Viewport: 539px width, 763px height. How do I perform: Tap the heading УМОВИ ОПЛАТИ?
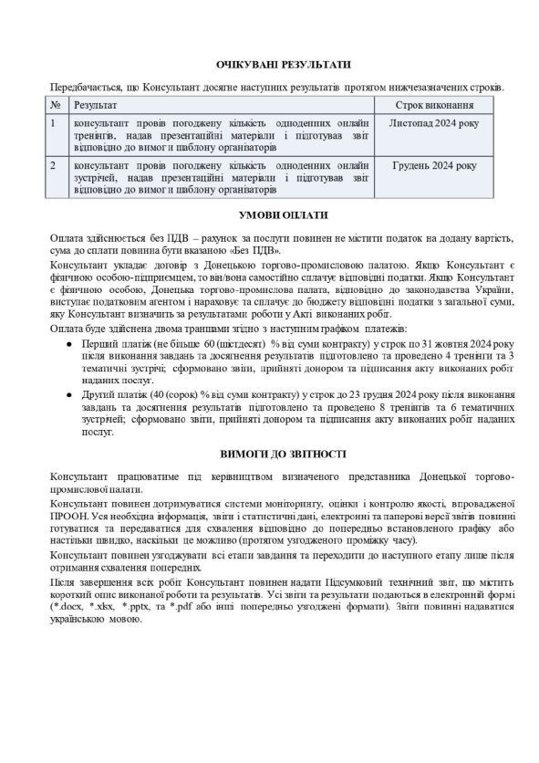click(269, 215)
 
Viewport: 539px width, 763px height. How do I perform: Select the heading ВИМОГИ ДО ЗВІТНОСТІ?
click(269, 453)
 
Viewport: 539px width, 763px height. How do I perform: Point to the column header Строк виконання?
click(433, 106)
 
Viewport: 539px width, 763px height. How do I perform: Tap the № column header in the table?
click(56, 106)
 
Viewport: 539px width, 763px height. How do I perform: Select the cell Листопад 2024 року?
click(433, 122)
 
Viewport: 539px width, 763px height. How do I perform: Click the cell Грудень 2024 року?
click(433, 166)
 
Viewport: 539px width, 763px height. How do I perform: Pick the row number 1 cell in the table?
click(56, 122)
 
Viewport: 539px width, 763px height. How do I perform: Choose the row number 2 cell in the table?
click(56, 166)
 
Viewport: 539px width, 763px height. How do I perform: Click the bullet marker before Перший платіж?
click(72, 341)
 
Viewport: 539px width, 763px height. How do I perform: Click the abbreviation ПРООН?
click(68, 516)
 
